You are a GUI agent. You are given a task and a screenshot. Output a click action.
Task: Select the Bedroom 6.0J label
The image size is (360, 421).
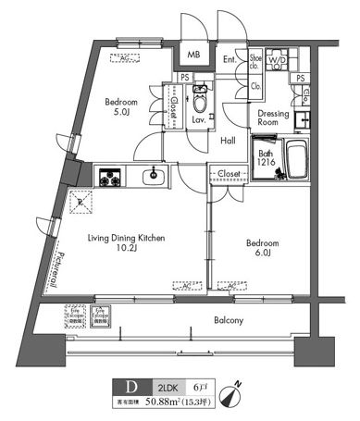pyautogui.click(x=264, y=250)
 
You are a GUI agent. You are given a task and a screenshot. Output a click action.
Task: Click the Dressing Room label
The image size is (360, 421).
pyautogui.click(x=273, y=118)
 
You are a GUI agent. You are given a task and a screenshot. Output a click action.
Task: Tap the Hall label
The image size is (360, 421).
pyautogui.click(x=229, y=141)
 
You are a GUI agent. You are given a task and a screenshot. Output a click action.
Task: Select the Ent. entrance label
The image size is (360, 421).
pyautogui.click(x=229, y=62)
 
